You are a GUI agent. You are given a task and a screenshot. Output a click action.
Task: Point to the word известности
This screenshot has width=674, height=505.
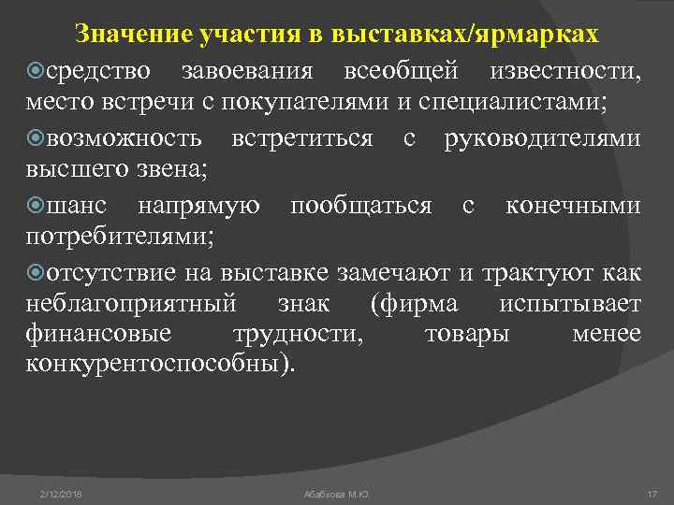click(x=563, y=72)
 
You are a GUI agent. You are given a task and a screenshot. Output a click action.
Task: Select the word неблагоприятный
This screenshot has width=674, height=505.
click(x=133, y=304)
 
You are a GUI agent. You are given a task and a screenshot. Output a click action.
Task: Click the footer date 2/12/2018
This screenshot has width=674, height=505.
click(x=61, y=492)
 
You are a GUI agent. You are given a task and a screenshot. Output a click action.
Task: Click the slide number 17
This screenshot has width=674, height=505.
click(x=652, y=492)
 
